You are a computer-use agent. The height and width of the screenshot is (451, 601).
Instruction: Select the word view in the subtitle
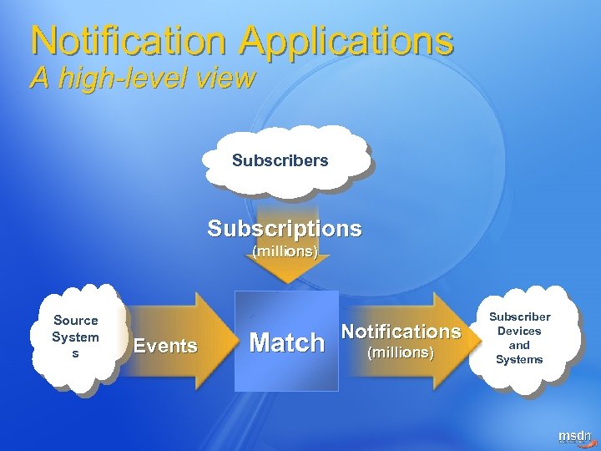(226, 79)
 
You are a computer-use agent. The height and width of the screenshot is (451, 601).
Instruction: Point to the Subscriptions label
(285, 228)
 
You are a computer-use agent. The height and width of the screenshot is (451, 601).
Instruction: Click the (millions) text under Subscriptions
(285, 251)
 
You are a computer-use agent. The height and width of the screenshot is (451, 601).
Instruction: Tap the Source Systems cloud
(76, 337)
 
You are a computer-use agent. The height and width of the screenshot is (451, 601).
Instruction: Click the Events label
(165, 345)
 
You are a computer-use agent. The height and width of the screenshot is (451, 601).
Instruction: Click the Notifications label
(402, 332)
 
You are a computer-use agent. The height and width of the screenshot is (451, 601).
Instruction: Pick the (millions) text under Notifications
(401, 353)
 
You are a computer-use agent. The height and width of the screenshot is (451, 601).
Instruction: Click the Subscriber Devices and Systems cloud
(519, 338)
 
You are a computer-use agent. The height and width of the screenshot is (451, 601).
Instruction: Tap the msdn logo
(573, 436)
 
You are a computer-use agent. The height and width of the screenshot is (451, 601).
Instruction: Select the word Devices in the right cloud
(519, 331)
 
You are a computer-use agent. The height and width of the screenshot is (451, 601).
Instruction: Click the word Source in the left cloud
(75, 320)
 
